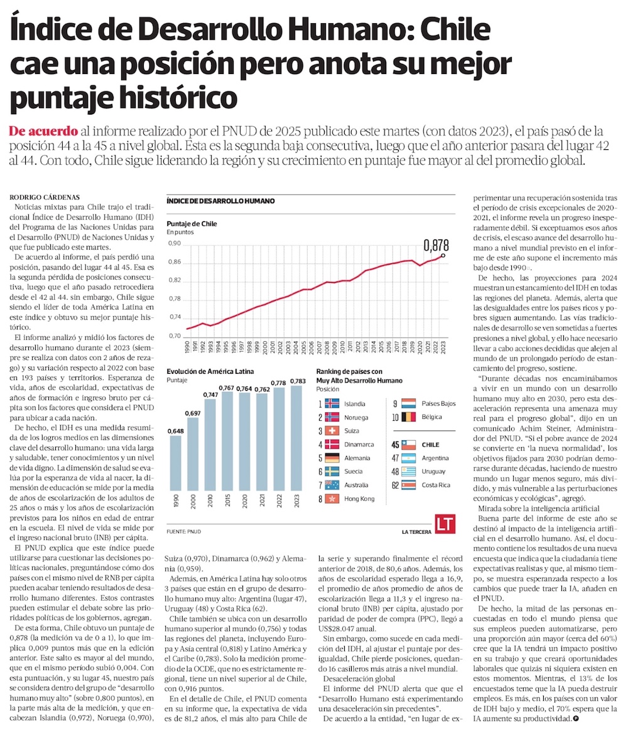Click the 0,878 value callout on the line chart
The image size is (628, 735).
[436, 244]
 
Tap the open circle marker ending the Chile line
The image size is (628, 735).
[444, 255]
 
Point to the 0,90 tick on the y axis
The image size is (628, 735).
[173, 243]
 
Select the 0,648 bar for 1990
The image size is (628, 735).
[176, 471]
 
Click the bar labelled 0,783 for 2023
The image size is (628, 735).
[298, 448]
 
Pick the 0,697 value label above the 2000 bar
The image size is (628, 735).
[193, 413]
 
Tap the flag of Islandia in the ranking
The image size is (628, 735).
[332, 404]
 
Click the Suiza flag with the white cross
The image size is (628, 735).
[332, 431]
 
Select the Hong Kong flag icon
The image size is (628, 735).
[332, 499]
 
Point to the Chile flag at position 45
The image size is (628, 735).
[409, 445]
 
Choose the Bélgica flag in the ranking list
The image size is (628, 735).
[409, 417]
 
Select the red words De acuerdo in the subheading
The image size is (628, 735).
[43, 132]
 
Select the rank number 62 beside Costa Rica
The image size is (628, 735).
[396, 485]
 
